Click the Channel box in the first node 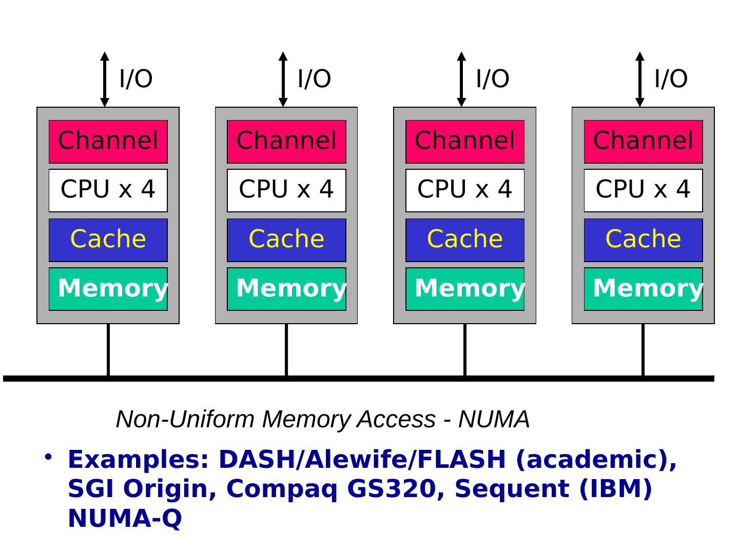pyautogui.click(x=108, y=141)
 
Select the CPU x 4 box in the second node pyautogui.click(x=286, y=190)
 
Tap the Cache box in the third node pyautogui.click(x=465, y=240)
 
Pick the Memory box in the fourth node pyautogui.click(x=643, y=289)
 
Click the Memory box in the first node pyautogui.click(x=108, y=289)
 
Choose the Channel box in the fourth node pyautogui.click(x=643, y=141)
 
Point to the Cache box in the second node pyautogui.click(x=286, y=240)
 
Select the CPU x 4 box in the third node pyautogui.click(x=465, y=190)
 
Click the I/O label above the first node pyautogui.click(x=136, y=79)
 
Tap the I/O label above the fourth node pyautogui.click(x=671, y=79)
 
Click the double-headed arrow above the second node pyautogui.click(x=283, y=79)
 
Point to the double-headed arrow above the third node pyautogui.click(x=461, y=79)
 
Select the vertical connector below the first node pyautogui.click(x=108, y=349)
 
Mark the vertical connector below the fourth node pyautogui.click(x=643, y=349)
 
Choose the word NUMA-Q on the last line pyautogui.click(x=125, y=518)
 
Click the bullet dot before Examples pyautogui.click(x=48, y=456)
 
